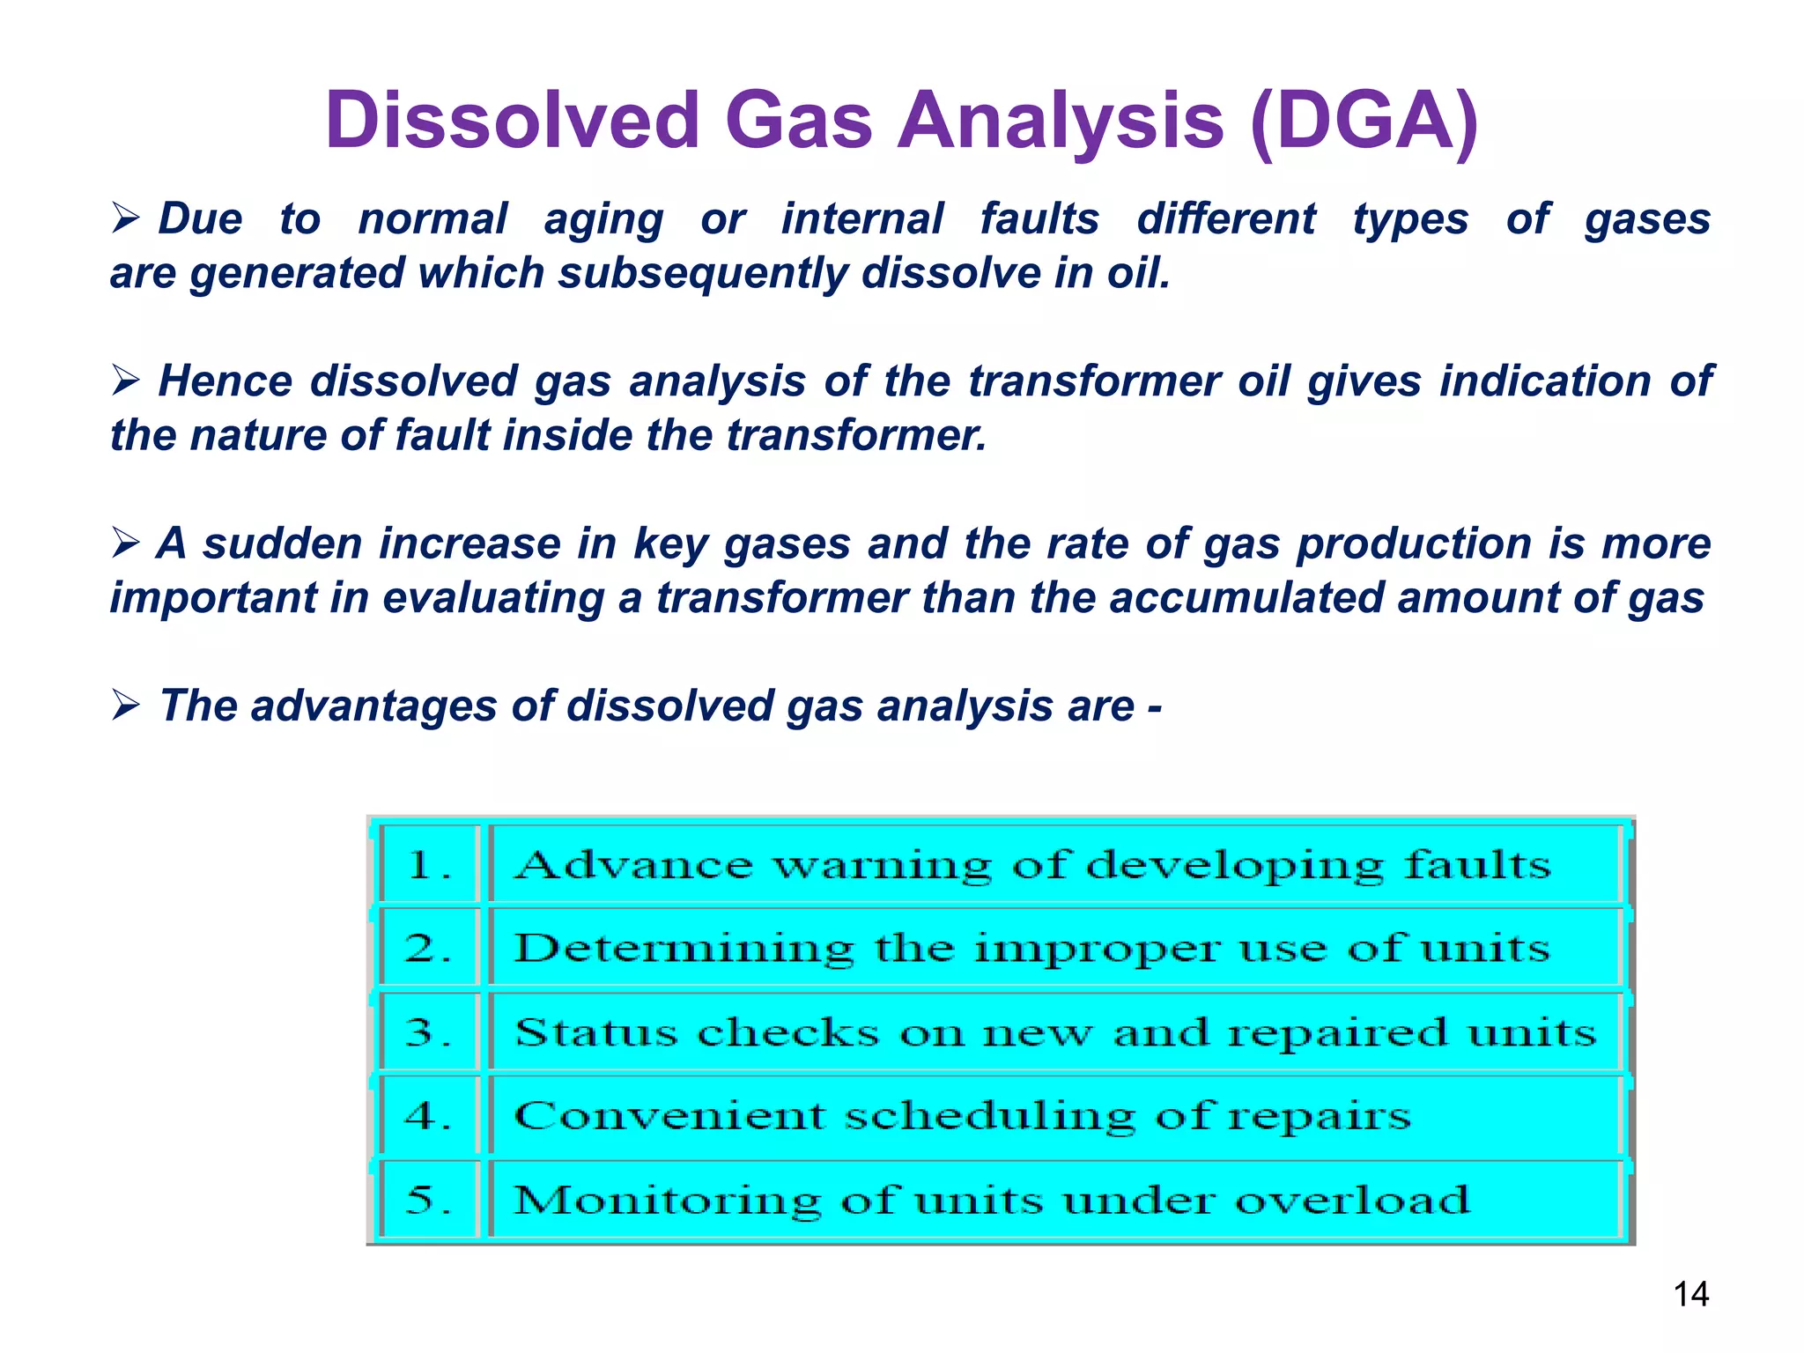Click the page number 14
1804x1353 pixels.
pos(1690,1294)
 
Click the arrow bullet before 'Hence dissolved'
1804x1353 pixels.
pos(126,381)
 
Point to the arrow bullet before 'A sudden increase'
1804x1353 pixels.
pos(126,543)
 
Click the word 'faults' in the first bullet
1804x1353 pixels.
pos(1039,218)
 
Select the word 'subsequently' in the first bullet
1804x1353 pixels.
pos(701,273)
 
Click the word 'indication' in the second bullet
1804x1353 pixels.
pos(1545,381)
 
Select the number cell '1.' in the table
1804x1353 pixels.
pos(429,864)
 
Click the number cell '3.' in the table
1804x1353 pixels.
pos(429,1031)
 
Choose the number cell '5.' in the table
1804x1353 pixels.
pos(429,1199)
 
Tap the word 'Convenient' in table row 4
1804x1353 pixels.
pos(669,1115)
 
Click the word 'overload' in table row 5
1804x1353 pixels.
pos(1352,1199)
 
